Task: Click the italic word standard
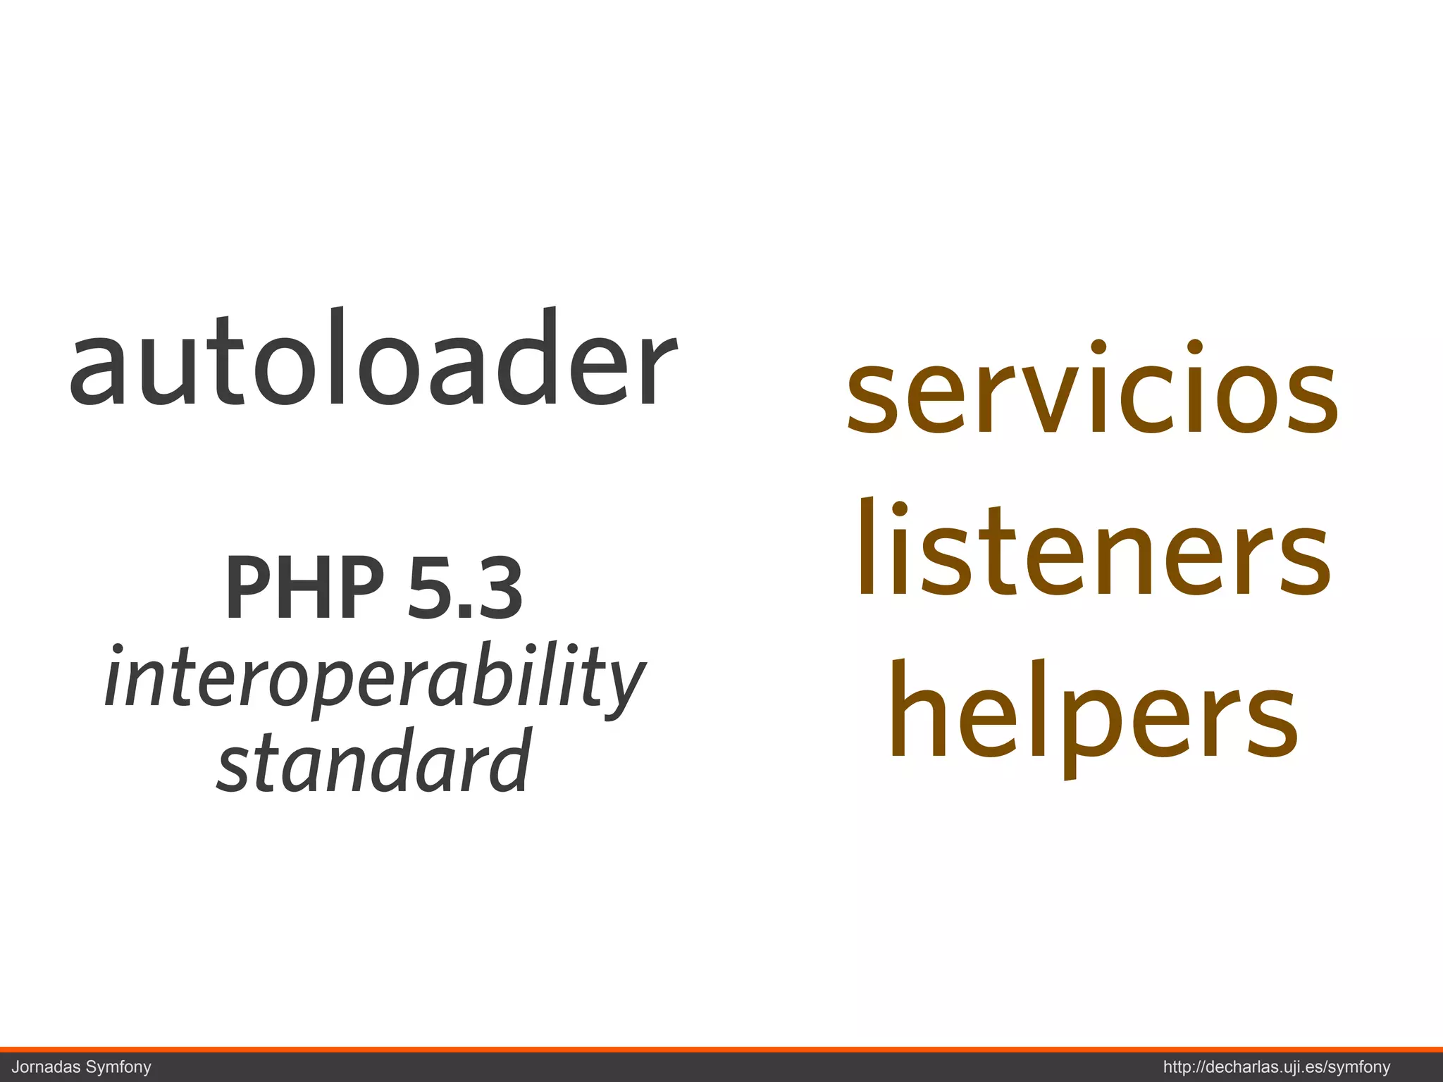373,761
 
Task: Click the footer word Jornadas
47,1067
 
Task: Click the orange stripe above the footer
721,1050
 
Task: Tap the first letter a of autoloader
94,370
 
